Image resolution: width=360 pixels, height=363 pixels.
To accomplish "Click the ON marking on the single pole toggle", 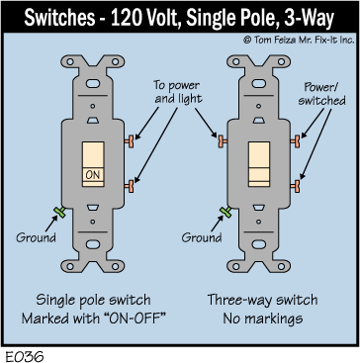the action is (93, 174).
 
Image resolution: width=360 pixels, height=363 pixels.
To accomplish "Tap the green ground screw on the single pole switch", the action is (60, 212).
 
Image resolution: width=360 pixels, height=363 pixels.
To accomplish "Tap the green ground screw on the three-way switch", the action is (225, 212).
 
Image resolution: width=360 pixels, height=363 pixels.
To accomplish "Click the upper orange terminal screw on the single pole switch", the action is (130, 141).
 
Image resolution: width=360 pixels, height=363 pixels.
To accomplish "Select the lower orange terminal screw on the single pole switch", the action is (130, 186).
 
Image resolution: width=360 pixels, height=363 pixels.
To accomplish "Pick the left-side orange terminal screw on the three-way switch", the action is (223, 141).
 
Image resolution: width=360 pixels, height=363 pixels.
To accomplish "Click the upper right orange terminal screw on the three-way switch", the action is (296, 141).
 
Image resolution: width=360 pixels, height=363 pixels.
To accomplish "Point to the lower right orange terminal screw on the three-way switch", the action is (296, 186).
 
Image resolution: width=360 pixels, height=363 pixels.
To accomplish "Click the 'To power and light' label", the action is (177, 92).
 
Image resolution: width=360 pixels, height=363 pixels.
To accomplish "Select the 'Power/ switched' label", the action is (321, 94).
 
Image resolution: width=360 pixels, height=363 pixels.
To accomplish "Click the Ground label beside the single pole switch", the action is (36, 237).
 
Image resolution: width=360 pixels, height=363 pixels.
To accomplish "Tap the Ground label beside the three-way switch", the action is (202, 237).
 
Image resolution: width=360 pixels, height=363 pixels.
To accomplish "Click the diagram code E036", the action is (24, 356).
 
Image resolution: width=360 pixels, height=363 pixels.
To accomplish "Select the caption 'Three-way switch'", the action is (262, 301).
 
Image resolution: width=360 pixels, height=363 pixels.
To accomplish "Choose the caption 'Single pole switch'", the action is (93, 301).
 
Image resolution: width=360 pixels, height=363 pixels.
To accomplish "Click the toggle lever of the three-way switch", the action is (259, 164).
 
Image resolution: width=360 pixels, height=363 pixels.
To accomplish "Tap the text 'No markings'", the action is (262, 318).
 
